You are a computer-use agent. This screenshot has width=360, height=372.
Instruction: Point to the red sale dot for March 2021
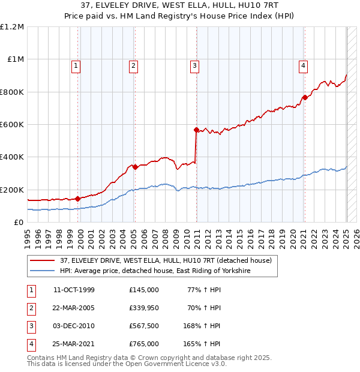click(305, 98)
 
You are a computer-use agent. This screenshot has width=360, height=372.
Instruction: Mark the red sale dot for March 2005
click(135, 167)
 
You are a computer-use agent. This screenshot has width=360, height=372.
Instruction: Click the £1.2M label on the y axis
click(12, 27)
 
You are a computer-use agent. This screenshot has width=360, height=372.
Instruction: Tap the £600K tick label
click(12, 125)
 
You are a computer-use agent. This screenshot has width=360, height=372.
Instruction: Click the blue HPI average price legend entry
click(155, 271)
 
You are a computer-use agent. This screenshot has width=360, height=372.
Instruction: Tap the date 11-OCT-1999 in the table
click(74, 290)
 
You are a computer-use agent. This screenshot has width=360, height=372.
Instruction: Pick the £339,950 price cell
click(144, 308)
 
